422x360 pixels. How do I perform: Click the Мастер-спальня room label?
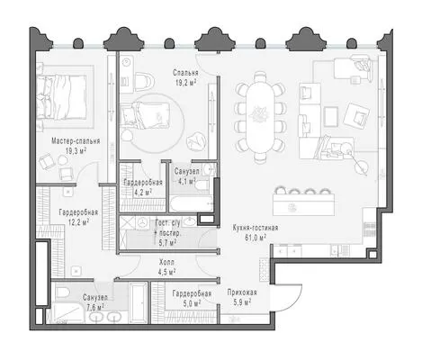[76, 141]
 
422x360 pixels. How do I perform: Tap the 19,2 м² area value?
[186, 83]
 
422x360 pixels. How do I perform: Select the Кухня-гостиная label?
[256, 228]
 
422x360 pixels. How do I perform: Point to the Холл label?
[166, 263]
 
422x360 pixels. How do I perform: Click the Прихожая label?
[242, 292]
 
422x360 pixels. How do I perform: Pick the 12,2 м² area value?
[78, 222]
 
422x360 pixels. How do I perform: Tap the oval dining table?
[260, 118]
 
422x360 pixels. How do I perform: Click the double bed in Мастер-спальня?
[62, 97]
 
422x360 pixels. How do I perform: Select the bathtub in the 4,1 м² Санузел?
[192, 204]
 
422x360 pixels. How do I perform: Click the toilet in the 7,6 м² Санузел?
[63, 292]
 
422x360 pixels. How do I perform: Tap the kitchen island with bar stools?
[303, 202]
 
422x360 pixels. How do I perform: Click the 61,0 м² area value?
[256, 238]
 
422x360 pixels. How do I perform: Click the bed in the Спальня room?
[146, 115]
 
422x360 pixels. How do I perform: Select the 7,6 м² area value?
[95, 307]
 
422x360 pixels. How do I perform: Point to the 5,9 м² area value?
[242, 301]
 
